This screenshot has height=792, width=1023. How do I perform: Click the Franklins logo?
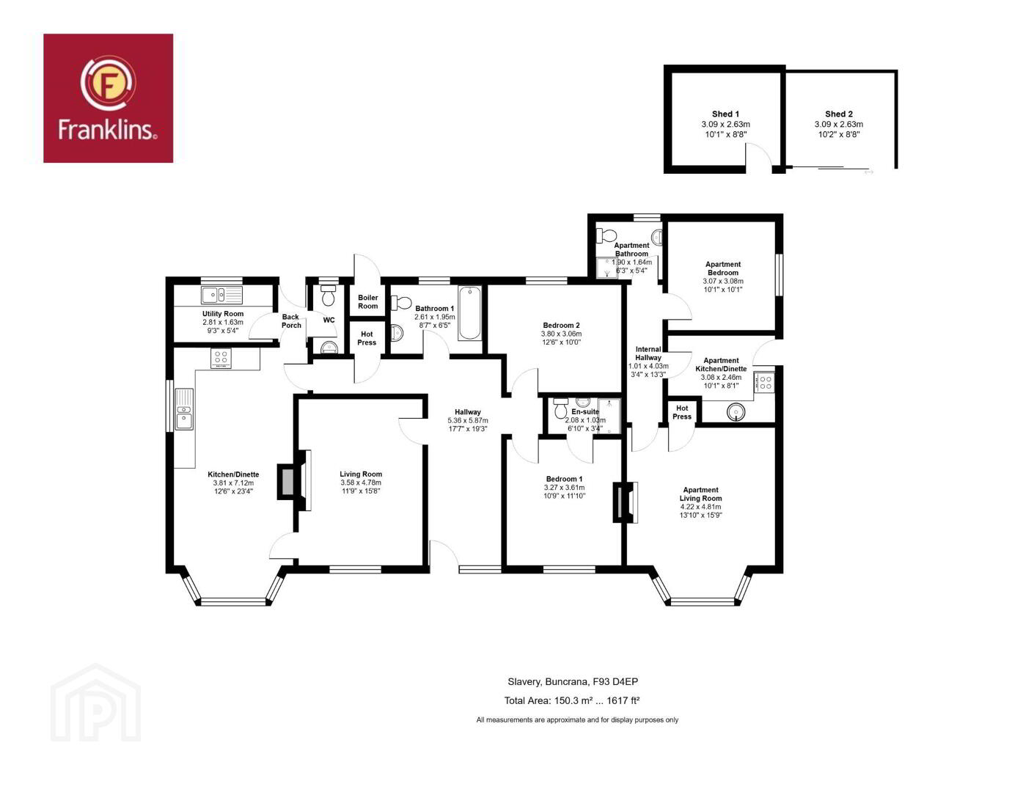pos(108,98)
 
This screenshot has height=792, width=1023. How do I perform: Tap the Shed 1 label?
pos(725,114)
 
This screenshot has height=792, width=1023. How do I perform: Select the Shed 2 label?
pos(838,114)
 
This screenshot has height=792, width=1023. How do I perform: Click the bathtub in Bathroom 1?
pos(469,312)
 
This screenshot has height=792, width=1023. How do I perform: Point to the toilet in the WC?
pos(328,295)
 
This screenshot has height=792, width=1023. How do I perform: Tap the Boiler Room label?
pos(367,301)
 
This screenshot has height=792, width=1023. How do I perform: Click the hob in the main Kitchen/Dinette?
pos(221,358)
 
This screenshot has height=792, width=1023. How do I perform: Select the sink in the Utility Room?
pos(221,295)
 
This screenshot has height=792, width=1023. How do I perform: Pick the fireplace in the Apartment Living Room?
pos(626,502)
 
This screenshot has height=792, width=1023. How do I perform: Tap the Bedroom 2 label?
pos(561,325)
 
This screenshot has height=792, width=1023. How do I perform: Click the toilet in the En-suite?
pos(561,408)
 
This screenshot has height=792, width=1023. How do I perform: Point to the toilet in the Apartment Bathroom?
pos(606,235)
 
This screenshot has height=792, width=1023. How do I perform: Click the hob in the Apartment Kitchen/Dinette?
pos(764,381)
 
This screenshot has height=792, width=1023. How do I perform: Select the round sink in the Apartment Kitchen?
pos(736,413)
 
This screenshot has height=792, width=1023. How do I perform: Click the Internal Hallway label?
pos(648,353)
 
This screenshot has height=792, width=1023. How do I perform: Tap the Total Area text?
pos(571,701)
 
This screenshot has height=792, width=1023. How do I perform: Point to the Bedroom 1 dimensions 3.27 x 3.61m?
pos(564,488)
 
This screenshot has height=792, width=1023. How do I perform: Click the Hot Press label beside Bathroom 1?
pos(367,338)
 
